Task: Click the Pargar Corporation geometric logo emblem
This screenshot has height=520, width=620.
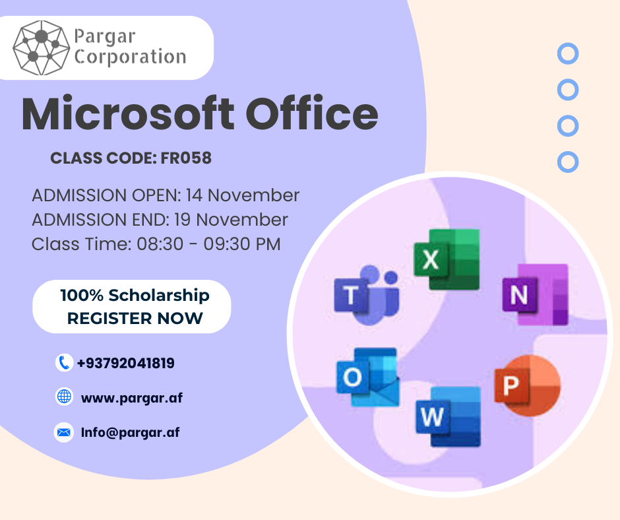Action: pos(41,48)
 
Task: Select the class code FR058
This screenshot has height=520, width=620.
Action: pos(186,158)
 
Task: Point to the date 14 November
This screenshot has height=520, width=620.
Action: pos(243,195)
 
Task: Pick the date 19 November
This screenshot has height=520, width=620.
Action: pos(231,220)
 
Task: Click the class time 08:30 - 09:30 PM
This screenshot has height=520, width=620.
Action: pos(208,244)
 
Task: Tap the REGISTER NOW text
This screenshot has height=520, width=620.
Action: pos(135,318)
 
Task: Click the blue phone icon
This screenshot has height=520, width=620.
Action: pos(64,362)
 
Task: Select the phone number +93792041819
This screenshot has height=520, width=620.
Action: pos(126,363)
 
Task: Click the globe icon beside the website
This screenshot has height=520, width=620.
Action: pos(64,396)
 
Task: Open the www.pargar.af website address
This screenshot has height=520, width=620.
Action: pos(132,398)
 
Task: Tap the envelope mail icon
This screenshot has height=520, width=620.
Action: pos(64,432)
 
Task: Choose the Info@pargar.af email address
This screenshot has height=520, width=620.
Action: pos(130,432)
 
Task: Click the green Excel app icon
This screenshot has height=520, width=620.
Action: pos(447,259)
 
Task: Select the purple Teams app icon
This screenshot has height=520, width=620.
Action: pos(366,295)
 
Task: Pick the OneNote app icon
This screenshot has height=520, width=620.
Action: pos(535,294)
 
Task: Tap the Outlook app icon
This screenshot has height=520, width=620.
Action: pos(368,377)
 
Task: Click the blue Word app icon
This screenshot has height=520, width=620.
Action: pos(448,416)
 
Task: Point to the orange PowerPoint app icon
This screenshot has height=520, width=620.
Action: pos(527,385)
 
